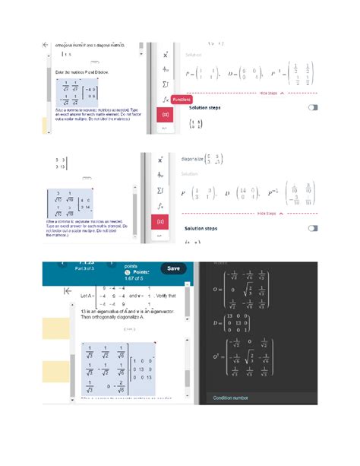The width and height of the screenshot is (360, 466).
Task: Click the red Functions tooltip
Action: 181,100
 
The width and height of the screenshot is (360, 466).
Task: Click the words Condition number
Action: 233,398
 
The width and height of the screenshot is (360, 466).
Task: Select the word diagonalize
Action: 196,159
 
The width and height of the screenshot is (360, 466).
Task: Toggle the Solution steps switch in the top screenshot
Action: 312,108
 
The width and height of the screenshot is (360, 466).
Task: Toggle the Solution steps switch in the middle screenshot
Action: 312,228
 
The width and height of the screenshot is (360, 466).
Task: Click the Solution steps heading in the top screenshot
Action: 207,108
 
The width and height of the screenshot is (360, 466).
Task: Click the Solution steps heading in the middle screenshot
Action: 206,228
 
